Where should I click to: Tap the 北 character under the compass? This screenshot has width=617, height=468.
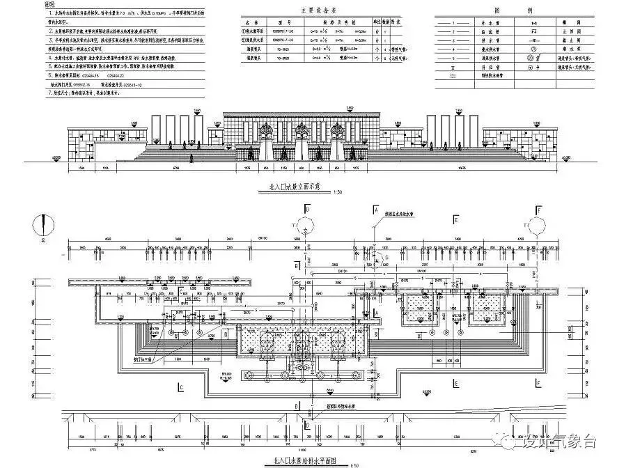[x=43, y=240]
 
